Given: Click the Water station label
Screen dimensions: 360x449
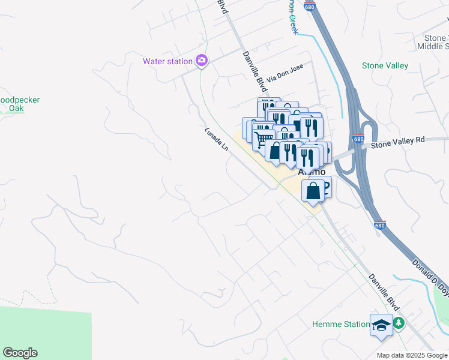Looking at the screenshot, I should coord(167,61).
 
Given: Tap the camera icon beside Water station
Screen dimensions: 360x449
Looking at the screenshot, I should coord(202,61).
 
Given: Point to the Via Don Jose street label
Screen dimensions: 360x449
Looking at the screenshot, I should coord(286,71).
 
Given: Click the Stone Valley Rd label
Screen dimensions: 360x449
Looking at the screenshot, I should coord(397,142).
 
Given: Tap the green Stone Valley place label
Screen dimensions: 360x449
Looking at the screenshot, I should coord(385,66).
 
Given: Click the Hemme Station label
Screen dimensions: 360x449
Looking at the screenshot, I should coord(340,325).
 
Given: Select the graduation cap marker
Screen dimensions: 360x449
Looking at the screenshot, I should coord(381,325).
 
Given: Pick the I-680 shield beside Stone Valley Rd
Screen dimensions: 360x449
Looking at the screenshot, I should coord(359,139).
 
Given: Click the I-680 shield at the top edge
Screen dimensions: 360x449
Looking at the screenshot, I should coord(309,5).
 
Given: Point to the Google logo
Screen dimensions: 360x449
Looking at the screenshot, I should coord(20,353).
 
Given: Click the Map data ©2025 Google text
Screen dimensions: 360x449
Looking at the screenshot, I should coord(412,355).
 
